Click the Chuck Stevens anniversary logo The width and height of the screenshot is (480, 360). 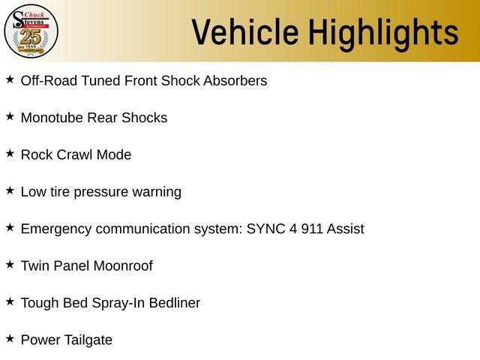click(31, 31)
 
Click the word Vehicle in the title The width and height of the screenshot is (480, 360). click(245, 31)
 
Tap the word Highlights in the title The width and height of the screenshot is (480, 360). click(383, 34)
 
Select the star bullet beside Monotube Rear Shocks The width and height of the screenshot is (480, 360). click(10, 116)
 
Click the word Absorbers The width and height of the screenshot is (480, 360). click(235, 81)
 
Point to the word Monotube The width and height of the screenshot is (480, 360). click(52, 118)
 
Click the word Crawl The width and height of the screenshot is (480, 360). click(75, 154)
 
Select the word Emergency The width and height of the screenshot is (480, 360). click(56, 229)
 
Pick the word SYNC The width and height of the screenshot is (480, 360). click(265, 229)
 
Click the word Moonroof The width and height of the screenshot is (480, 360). click(123, 265)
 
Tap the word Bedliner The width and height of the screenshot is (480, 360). click(175, 303)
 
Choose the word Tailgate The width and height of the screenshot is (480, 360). click(88, 340)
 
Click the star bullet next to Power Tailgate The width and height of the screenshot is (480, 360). click(10, 338)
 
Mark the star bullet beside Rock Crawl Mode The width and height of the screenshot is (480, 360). click(10, 153)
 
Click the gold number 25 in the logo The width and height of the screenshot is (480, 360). click(31, 37)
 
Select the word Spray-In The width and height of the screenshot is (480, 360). click(118, 303)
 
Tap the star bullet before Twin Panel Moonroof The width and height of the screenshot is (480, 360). click(10, 265)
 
